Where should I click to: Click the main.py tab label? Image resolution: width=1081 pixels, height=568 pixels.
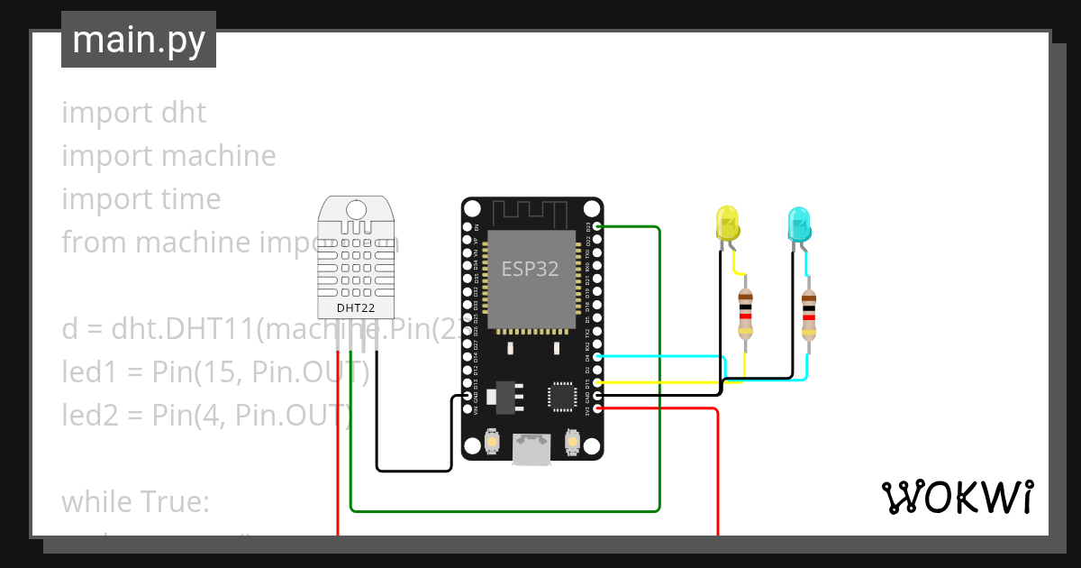(138, 41)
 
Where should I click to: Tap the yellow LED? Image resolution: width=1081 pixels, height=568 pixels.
(726, 224)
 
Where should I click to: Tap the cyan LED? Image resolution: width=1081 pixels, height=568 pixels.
(798, 224)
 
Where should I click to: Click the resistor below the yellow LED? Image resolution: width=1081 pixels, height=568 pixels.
(745, 312)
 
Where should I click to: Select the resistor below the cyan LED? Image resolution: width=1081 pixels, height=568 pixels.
(808, 312)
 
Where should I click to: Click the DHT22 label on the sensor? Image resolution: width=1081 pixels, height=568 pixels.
(356, 307)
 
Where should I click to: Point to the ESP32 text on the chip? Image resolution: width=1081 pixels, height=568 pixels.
(530, 269)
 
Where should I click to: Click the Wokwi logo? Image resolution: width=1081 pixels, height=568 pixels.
(956, 497)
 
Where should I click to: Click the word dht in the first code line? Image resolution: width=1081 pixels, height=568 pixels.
(184, 113)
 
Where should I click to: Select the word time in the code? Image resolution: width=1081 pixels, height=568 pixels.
(189, 199)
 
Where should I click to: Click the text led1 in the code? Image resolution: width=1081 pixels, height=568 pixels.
(88, 371)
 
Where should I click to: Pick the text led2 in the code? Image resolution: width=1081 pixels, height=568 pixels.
(89, 415)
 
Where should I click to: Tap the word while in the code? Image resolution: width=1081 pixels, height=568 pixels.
(96, 501)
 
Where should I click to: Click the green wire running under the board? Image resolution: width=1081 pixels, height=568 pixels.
(504, 511)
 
